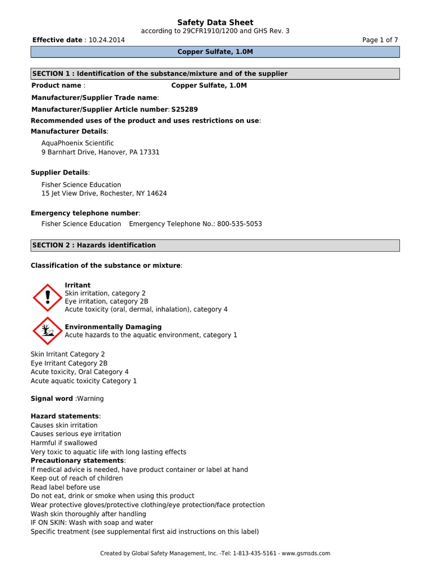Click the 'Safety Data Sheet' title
click(x=215, y=22)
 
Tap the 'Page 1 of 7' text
click(x=380, y=40)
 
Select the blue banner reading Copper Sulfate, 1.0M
click(x=215, y=52)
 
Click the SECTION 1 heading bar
click(x=215, y=74)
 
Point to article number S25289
click(x=185, y=109)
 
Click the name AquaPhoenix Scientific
click(x=77, y=143)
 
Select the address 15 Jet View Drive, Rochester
click(x=104, y=193)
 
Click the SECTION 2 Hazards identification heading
click(x=215, y=245)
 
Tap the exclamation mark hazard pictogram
click(x=47, y=298)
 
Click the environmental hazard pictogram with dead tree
click(x=47, y=331)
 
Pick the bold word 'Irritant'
click(x=77, y=285)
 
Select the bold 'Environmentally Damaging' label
click(x=113, y=327)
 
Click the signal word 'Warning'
click(x=90, y=399)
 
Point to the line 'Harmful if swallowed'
click(x=64, y=443)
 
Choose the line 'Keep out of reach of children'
click(x=76, y=478)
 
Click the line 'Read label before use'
click(x=65, y=487)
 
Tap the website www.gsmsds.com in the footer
click(x=306, y=553)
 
